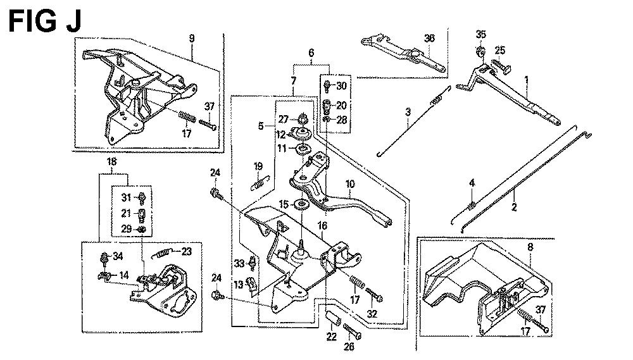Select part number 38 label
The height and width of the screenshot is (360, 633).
(x=430, y=39)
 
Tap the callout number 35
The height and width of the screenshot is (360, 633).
(x=481, y=34)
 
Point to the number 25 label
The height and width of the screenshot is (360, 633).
(x=500, y=51)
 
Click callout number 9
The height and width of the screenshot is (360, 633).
(x=191, y=39)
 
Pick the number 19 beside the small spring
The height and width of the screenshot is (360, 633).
(x=258, y=166)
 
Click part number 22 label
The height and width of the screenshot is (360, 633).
(x=331, y=337)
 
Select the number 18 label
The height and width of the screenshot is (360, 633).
(x=111, y=162)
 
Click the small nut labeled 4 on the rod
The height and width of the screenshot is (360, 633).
(x=472, y=204)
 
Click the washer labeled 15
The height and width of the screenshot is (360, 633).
(x=303, y=204)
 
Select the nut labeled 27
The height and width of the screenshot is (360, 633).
(x=303, y=118)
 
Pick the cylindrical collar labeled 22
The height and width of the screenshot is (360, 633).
(x=330, y=314)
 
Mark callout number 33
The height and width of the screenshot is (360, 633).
(x=239, y=263)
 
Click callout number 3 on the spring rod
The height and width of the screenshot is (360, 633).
(x=408, y=112)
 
